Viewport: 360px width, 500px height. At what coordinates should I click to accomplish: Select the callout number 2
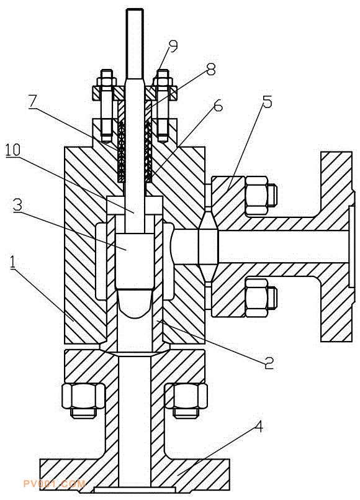(x=269, y=363)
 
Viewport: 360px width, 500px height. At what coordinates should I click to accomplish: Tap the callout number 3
(x=18, y=205)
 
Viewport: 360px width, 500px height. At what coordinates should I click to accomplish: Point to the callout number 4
(x=259, y=427)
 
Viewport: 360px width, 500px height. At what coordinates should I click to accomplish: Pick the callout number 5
(x=267, y=102)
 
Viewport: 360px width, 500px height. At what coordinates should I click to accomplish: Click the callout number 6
(x=218, y=106)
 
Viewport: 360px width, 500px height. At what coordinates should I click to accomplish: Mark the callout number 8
(x=210, y=69)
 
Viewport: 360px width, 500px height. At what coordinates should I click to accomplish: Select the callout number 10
(x=13, y=150)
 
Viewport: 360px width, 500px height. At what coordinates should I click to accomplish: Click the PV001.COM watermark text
(x=54, y=484)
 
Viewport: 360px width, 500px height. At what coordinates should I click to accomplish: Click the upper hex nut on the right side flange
(x=260, y=195)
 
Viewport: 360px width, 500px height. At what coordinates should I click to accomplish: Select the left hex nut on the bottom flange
(x=83, y=400)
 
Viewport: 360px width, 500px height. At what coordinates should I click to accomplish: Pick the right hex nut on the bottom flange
(x=186, y=400)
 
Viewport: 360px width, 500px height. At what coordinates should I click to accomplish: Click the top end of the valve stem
(x=135, y=9)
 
